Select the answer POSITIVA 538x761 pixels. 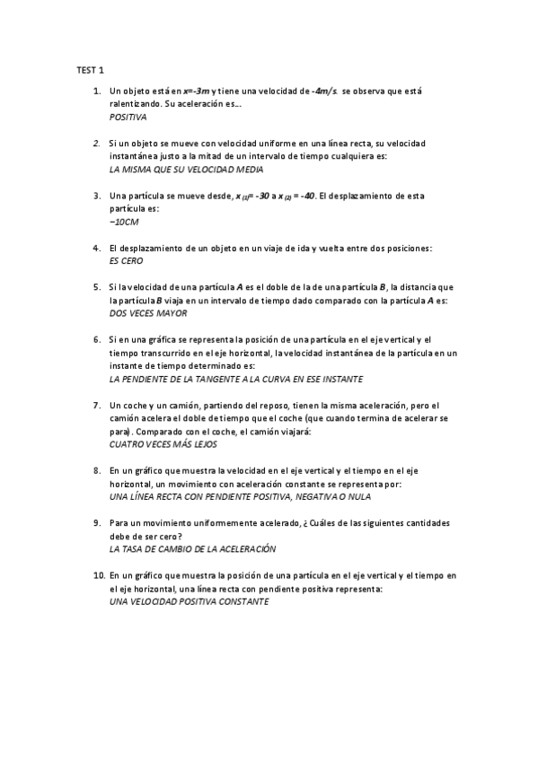(128, 118)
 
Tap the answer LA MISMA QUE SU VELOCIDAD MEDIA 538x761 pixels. (186, 170)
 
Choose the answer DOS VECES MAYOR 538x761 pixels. (148, 313)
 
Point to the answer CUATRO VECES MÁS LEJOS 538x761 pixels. (163, 444)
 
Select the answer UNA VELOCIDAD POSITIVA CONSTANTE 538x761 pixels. (189, 601)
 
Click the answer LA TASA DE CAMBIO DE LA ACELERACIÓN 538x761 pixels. (192, 548)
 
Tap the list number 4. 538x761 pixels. (96, 248)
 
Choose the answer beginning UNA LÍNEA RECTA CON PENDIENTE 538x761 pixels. (239, 496)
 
